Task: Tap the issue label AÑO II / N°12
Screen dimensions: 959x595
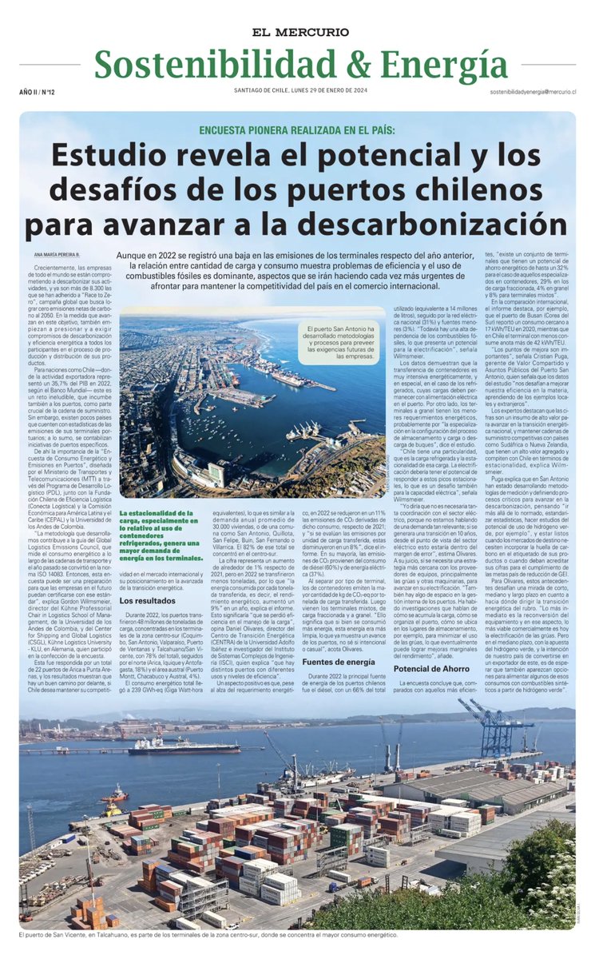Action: pos(38,94)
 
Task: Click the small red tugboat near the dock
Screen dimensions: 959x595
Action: pos(115,793)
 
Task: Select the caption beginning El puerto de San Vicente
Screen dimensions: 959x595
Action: pos(208,934)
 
